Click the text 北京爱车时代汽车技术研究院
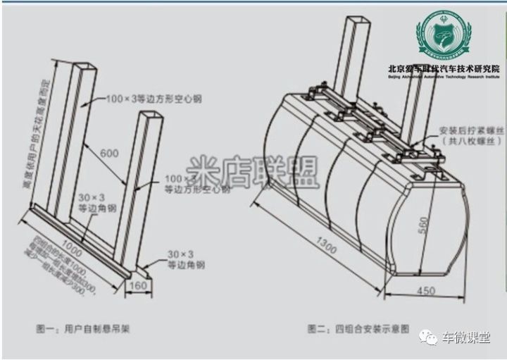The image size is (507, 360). click(x=444, y=68)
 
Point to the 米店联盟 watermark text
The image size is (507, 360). click(x=251, y=171)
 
